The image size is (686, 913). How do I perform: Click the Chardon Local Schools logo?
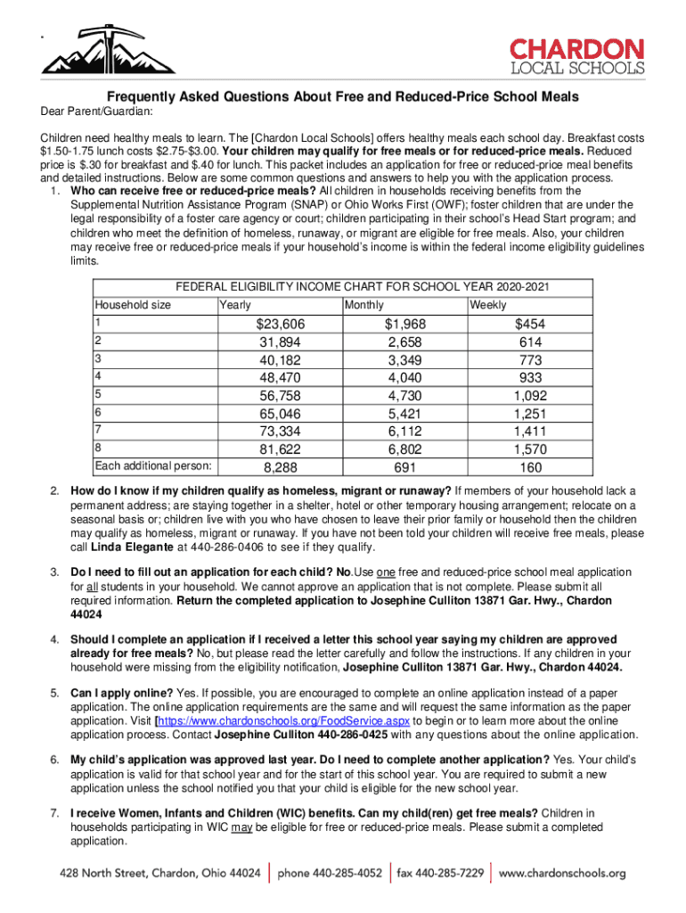coord(576,56)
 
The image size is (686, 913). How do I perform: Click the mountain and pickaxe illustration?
coord(95,53)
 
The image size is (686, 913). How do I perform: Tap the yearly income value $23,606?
coord(280,325)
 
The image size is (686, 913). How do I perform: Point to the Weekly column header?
coord(487,305)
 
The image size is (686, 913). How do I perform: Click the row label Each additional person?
coord(153,465)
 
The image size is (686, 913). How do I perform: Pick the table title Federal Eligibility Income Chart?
coord(363,286)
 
